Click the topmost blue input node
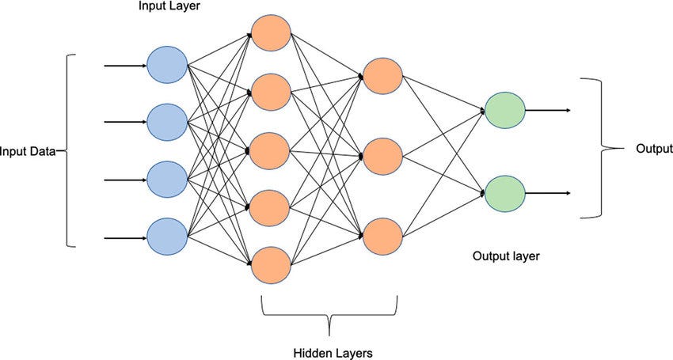pos(166,64)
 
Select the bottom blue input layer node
pos(166,234)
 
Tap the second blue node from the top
pos(166,121)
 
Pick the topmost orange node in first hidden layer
pos(271,31)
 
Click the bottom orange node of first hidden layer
pos(271,265)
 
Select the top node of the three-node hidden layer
pos(382,75)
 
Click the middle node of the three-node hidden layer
pos(382,155)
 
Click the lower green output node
pos(504,191)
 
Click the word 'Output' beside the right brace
pos(654,149)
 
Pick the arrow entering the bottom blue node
pos(124,235)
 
